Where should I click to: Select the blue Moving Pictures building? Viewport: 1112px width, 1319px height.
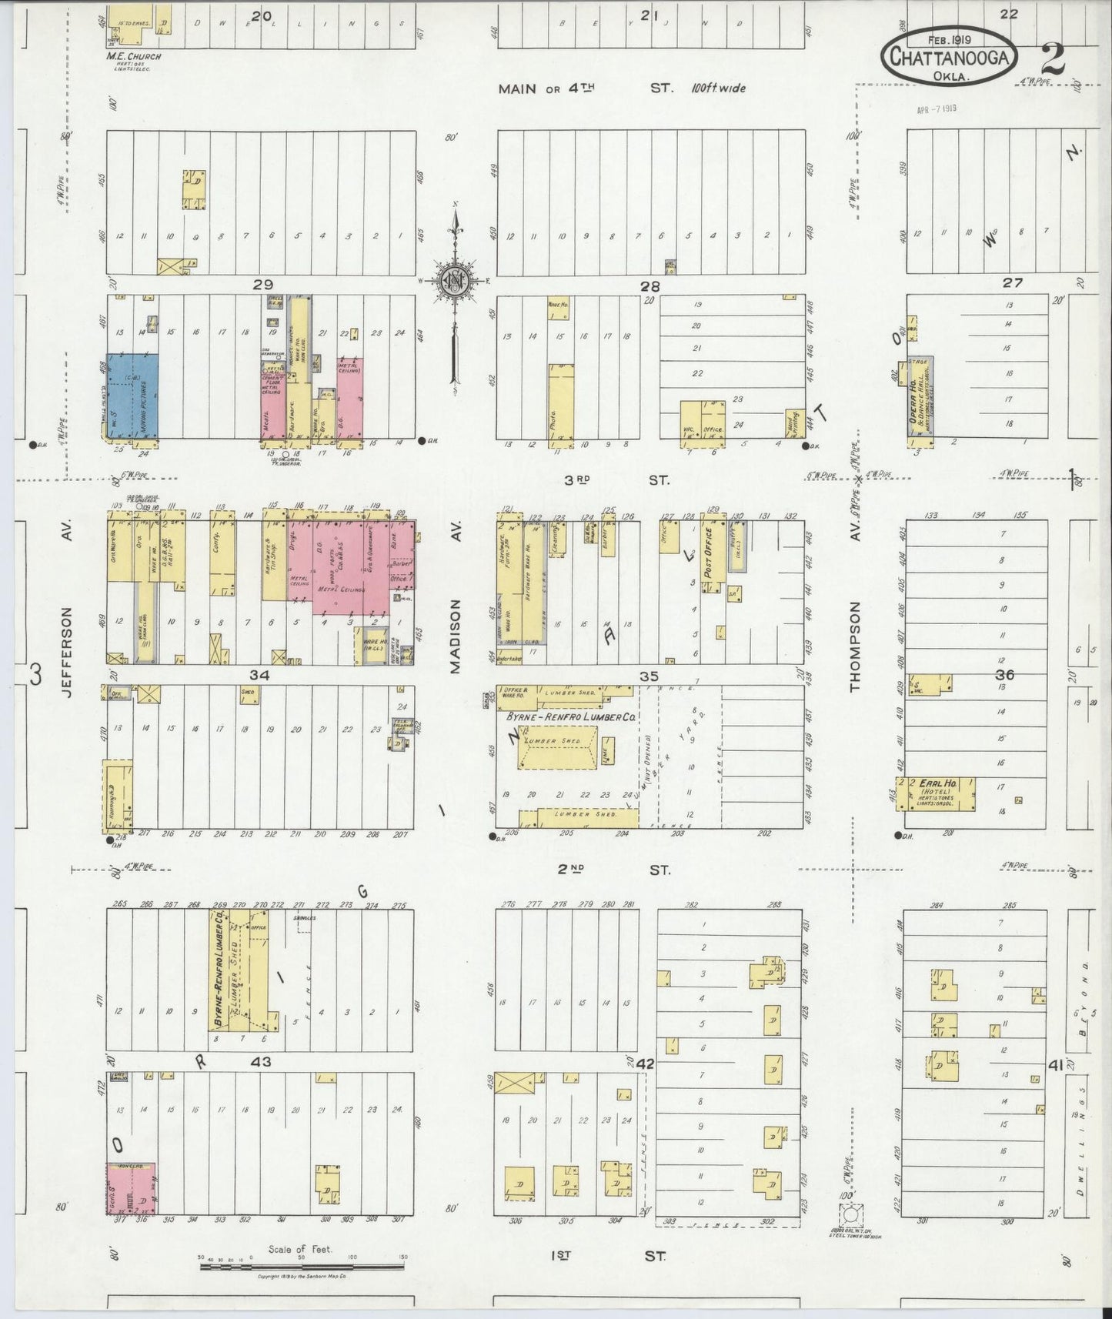click(132, 396)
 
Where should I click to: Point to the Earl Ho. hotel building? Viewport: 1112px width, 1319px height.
click(937, 793)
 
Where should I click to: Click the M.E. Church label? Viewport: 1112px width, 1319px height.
click(134, 56)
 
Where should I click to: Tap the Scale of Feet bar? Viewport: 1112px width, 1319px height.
click(302, 1265)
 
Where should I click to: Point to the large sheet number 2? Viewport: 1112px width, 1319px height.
click(1051, 58)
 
